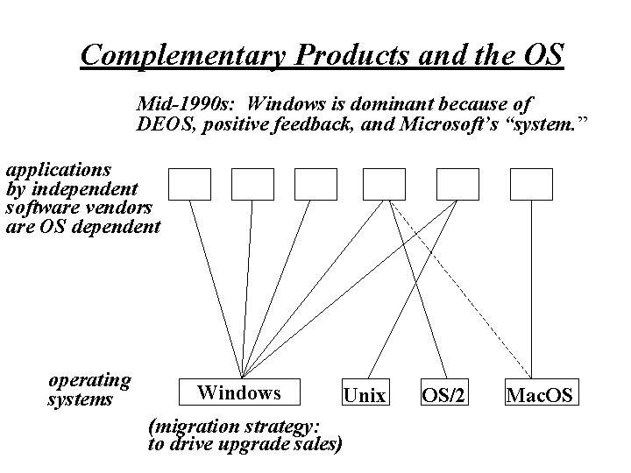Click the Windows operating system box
238,392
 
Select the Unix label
364,396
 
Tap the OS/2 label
443,396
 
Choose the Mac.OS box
539,395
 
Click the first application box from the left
189,184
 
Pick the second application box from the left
252,184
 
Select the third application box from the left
315,184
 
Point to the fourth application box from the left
384,184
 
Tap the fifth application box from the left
457,184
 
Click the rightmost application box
531,184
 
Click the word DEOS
166,125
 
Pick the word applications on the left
59,168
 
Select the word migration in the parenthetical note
198,427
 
